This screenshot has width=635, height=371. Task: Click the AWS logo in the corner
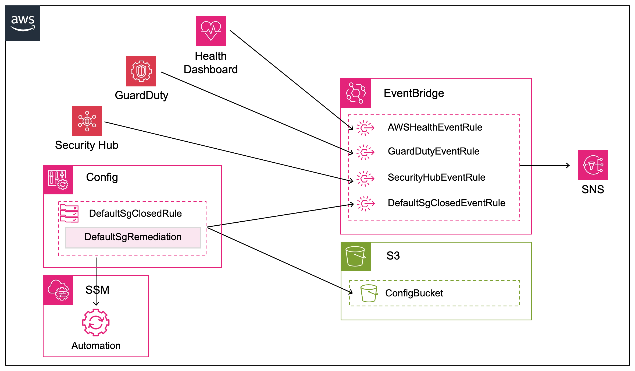coord(23,23)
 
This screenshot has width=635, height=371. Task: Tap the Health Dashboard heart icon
coord(211,31)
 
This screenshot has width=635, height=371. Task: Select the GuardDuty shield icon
coord(141,71)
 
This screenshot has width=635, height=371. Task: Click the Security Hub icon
coord(87,121)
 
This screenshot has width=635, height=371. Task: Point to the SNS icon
coord(593,165)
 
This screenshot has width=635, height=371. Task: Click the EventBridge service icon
coord(356,93)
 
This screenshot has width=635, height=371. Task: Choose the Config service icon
coord(58,180)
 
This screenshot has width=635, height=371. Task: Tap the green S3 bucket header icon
coord(355,256)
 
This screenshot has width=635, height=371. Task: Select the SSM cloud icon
coord(58,290)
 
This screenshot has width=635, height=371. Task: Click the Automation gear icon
coord(96,322)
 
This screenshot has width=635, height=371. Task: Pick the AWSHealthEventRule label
coord(435,127)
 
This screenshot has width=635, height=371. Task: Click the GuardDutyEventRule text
coord(433,151)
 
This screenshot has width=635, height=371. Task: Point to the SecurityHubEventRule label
coord(436,177)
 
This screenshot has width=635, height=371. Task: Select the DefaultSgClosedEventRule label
coord(446,203)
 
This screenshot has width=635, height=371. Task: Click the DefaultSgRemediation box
coord(133,237)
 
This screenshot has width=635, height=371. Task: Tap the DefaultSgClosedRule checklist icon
coord(69,213)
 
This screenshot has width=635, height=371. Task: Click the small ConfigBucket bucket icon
coord(369,293)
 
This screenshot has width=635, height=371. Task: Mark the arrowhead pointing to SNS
coord(568,165)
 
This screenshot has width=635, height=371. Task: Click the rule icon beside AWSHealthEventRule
coord(365,128)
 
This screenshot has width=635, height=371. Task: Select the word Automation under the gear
coord(96,346)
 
